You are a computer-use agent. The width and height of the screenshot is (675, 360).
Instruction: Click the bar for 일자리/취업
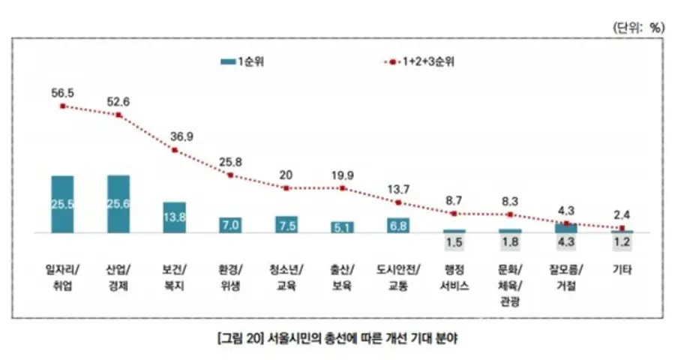pos(62,204)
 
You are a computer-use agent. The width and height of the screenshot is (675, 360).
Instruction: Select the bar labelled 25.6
pos(118,204)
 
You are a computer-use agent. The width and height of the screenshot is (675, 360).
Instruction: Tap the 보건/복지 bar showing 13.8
pos(174,217)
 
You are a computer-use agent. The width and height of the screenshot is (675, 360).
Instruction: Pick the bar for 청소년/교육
pos(286,224)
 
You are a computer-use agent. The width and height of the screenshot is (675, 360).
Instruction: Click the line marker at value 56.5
pos(63,106)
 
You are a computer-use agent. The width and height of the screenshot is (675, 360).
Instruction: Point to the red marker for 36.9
pos(175,150)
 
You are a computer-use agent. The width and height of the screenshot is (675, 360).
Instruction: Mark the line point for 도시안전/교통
pos(398,202)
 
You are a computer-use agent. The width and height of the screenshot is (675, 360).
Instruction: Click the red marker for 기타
pos(622,228)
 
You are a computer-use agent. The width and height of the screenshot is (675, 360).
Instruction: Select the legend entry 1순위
pos(242,61)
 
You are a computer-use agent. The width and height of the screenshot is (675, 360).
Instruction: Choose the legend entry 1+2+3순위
pos(418,61)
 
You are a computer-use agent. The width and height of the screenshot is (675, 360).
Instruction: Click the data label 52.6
pos(118,102)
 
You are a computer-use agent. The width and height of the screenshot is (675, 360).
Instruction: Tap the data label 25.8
pos(230,162)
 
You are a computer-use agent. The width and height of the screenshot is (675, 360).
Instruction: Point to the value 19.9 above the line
pos(343,175)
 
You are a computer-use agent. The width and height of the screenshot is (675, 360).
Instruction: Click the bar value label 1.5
pos(454,242)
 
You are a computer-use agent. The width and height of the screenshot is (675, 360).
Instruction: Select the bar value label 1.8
pos(510,242)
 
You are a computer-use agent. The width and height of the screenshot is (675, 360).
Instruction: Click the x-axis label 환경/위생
pos(230,277)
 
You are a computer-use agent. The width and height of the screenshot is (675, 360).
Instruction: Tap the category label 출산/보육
pos(342,277)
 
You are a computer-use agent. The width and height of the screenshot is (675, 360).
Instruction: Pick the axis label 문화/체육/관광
pos(510,286)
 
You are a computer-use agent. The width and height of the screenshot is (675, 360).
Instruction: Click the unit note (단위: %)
pos(638,28)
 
